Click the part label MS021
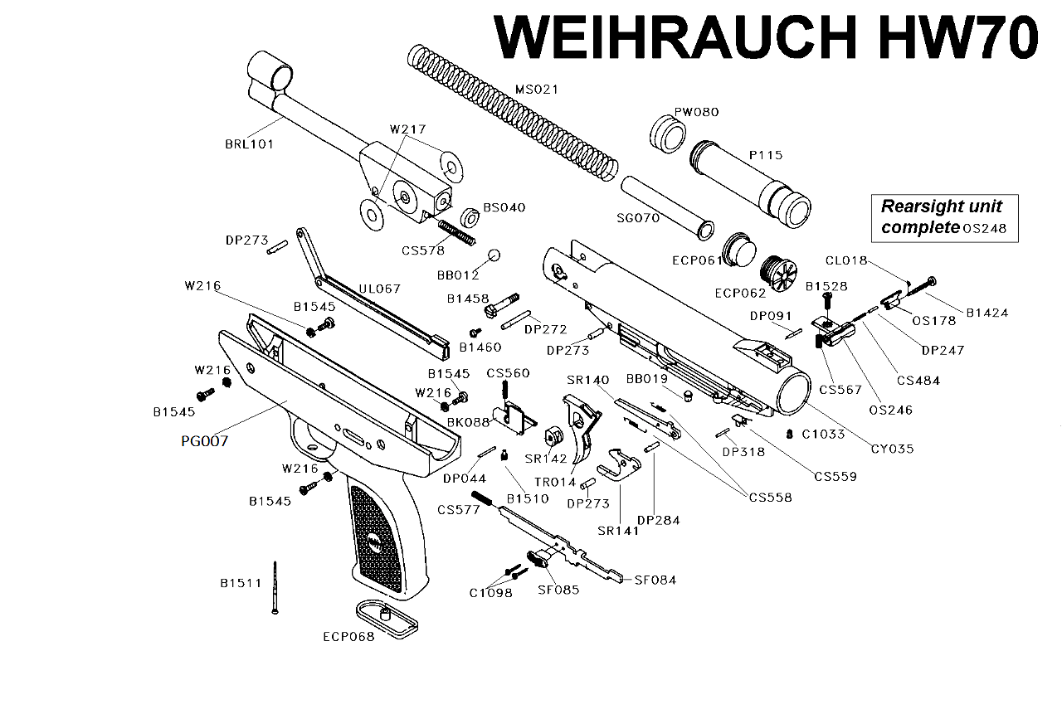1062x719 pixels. (537, 89)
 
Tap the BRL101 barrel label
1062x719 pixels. (249, 143)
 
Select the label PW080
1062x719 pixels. (696, 112)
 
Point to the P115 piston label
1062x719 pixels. (765, 155)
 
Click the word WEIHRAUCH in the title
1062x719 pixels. (674, 37)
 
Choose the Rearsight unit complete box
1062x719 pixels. (944, 217)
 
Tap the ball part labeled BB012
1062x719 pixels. (495, 255)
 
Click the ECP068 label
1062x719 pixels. (348, 637)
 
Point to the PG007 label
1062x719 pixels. (204, 441)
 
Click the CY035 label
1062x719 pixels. (892, 449)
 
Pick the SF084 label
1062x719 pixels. (655, 580)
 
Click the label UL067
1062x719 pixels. (379, 289)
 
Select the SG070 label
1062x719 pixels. (636, 218)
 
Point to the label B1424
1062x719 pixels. (986, 313)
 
